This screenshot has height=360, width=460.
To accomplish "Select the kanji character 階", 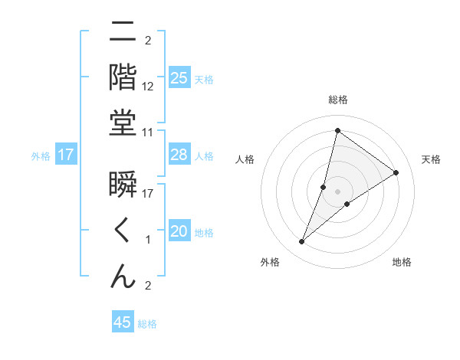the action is point(123,78).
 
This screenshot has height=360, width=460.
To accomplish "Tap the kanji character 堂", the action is point(123,123).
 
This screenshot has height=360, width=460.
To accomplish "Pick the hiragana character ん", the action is point(123,277).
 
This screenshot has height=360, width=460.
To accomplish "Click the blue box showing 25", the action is point(179,78).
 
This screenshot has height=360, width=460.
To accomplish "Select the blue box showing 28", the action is point(179,155).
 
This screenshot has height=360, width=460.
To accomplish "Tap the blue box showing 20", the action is point(179,231).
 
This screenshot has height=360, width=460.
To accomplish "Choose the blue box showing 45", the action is point(123,322).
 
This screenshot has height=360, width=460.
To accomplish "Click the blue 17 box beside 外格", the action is point(66,155).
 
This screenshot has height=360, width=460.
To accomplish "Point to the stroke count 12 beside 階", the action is point(148,87).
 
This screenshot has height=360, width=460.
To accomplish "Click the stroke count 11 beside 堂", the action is point(148,133).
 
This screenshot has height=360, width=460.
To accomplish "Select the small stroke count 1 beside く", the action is point(148,241).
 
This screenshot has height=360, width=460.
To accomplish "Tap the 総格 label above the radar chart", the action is point(337,100).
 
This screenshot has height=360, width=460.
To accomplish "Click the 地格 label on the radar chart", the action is point(402,262).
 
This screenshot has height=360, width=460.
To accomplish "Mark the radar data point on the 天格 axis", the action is point(396,172).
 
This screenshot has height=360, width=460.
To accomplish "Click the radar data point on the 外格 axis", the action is point(301,242).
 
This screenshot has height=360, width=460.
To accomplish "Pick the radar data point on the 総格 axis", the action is point(337,130).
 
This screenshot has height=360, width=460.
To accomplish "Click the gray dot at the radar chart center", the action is point(337,191).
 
